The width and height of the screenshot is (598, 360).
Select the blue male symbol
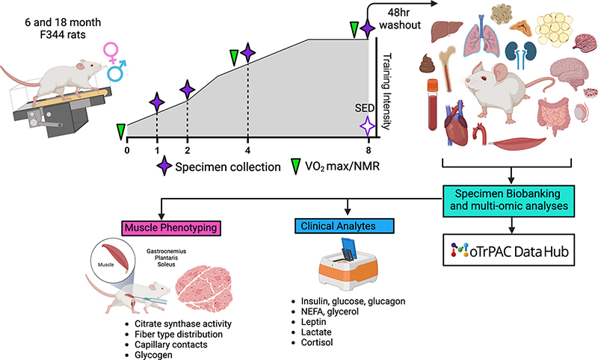pos(117,72)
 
